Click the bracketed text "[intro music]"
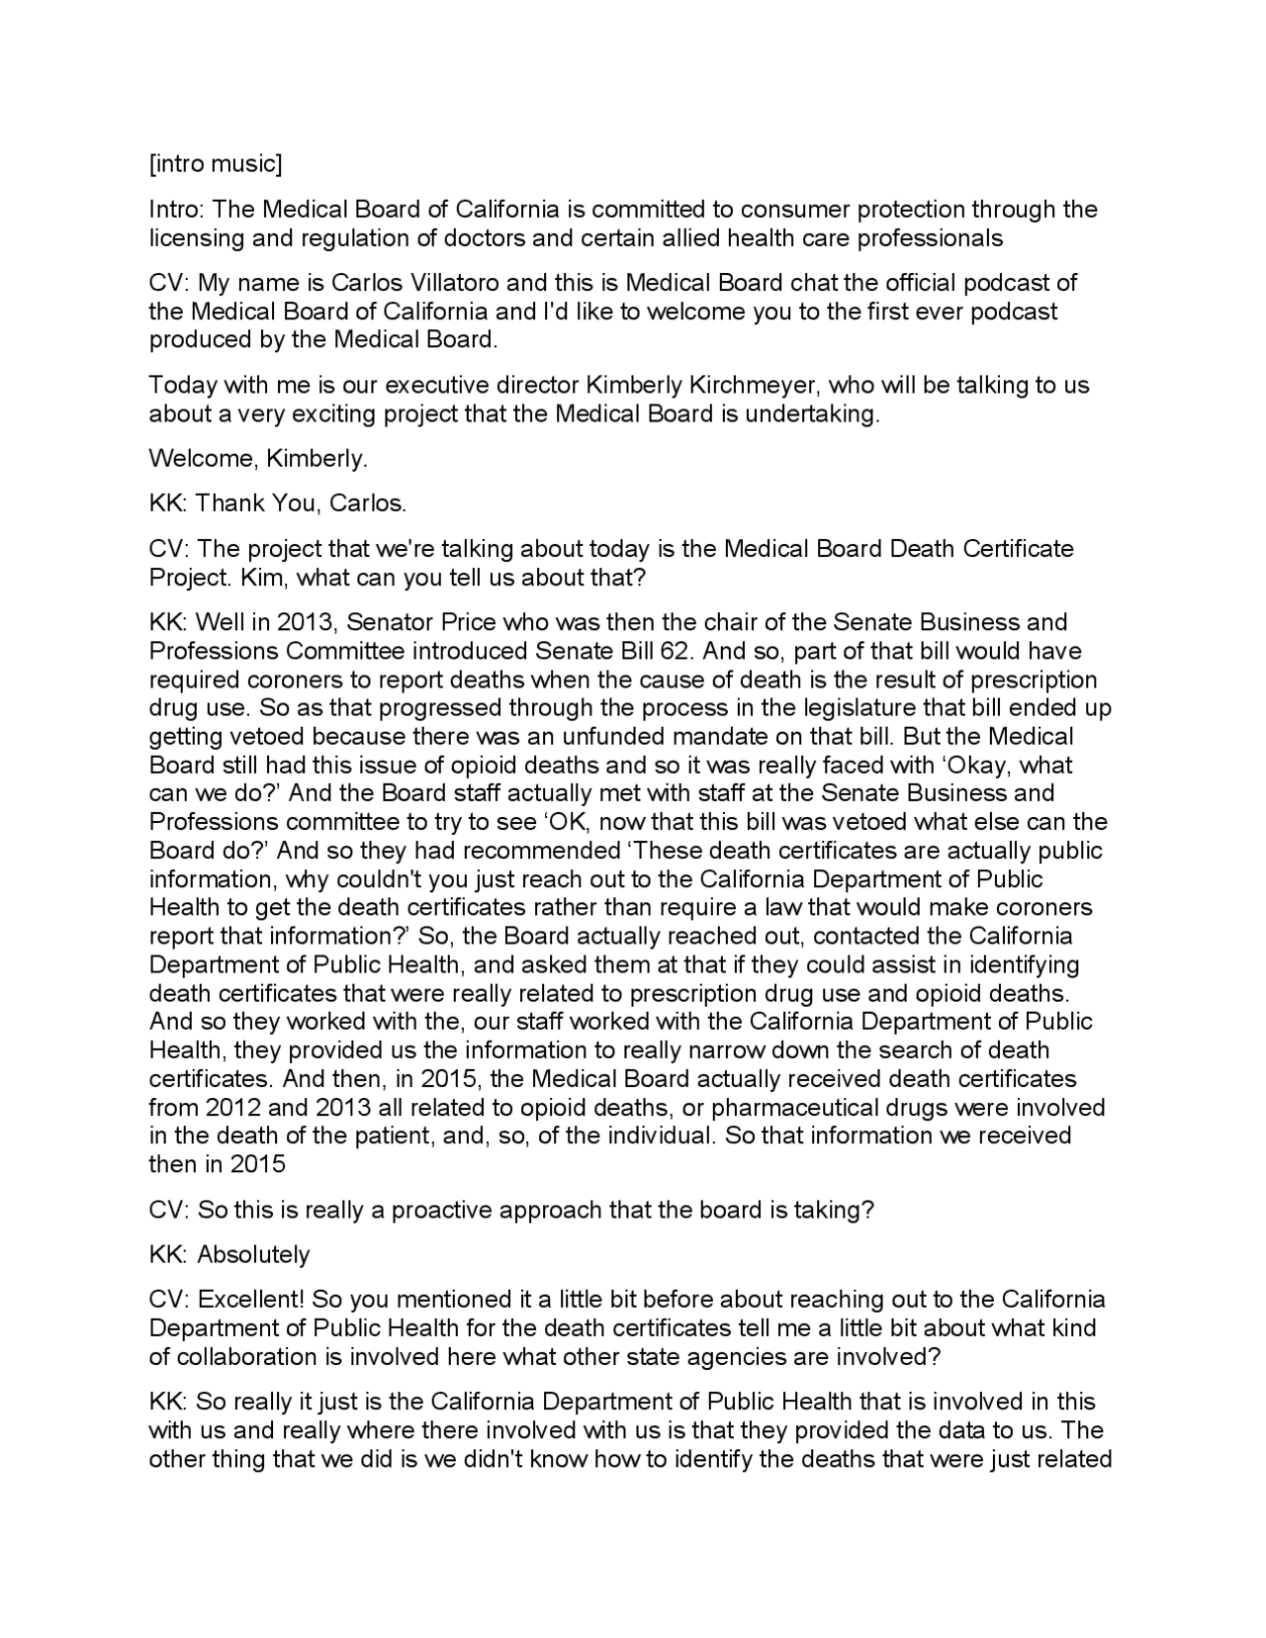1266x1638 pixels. click(215, 164)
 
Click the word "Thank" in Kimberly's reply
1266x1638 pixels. click(229, 503)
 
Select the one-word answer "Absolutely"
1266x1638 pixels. click(253, 1255)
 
